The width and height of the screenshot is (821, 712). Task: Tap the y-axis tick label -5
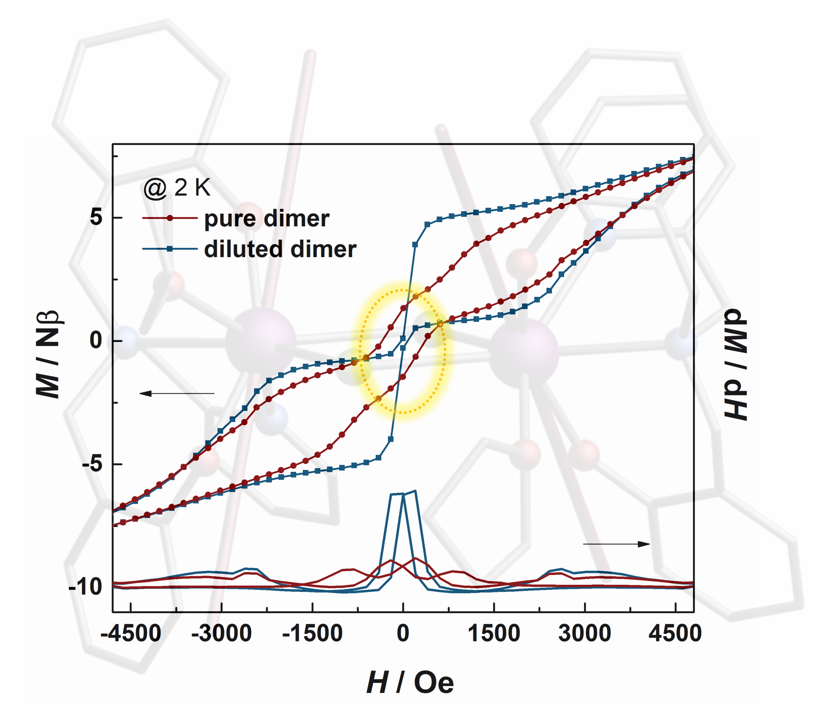click(92, 464)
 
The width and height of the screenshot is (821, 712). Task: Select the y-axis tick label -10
click(85, 587)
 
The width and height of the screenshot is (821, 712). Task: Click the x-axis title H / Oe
click(410, 682)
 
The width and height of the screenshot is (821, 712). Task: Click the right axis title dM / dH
click(736, 364)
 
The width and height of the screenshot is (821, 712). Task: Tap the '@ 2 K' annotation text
click(177, 187)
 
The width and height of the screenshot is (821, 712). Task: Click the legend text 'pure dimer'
click(266, 218)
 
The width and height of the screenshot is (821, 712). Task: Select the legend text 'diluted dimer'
click(280, 249)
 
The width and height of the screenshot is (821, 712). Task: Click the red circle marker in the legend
click(170, 218)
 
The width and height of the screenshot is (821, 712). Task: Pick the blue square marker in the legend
click(170, 249)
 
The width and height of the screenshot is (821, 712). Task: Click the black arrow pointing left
click(177, 394)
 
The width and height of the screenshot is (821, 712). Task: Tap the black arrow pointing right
click(616, 544)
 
